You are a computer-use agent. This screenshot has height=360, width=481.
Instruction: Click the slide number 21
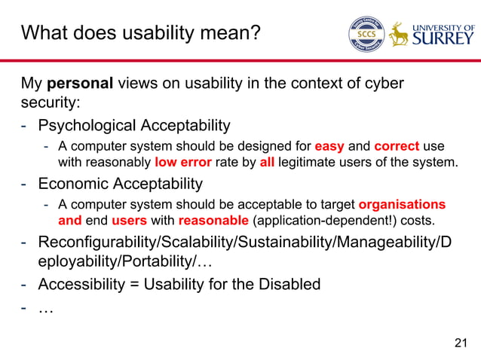click(461, 344)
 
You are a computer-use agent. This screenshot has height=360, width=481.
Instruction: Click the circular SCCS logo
click(366, 34)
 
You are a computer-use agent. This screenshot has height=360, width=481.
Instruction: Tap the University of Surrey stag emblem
click(398, 34)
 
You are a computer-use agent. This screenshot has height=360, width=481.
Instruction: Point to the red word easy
click(329, 145)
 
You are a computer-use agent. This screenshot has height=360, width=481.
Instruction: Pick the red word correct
click(397, 145)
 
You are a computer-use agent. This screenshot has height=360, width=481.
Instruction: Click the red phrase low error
click(182, 161)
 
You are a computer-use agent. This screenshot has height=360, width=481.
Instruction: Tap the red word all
click(266, 161)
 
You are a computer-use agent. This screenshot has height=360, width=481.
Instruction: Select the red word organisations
click(402, 204)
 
